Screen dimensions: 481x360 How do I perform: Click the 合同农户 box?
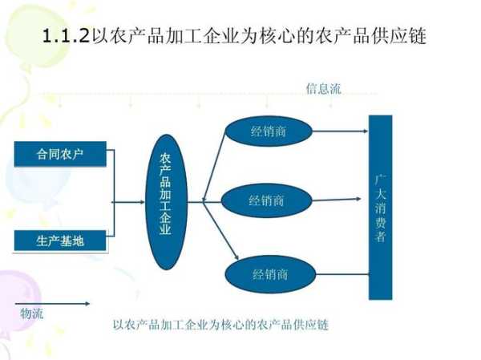(60, 154)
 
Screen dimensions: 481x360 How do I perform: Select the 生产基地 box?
(60, 241)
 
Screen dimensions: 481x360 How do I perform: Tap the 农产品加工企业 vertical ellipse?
(166, 202)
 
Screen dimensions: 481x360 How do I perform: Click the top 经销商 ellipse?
(269, 131)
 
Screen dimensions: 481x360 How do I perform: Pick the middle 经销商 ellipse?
(267, 200)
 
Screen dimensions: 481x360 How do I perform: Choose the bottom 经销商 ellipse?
(270, 274)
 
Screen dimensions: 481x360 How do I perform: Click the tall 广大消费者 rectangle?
(380, 207)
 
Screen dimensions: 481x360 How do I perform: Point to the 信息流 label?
(323, 89)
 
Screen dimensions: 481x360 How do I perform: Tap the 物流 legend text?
(31, 313)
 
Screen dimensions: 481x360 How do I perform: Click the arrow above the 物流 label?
(52, 304)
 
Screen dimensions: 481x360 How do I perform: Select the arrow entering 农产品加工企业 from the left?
(128, 202)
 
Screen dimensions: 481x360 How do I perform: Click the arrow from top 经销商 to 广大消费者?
(340, 131)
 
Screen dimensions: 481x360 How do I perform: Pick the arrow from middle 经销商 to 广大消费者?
(337, 200)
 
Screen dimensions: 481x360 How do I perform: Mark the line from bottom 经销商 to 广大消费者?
(342, 274)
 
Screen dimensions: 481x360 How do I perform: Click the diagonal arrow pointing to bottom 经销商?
(221, 230)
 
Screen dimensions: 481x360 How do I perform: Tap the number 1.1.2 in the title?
(66, 36)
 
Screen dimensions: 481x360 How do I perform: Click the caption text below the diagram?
(221, 325)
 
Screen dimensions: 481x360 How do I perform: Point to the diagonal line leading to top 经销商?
(214, 166)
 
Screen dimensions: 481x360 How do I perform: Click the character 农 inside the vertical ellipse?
(165, 159)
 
